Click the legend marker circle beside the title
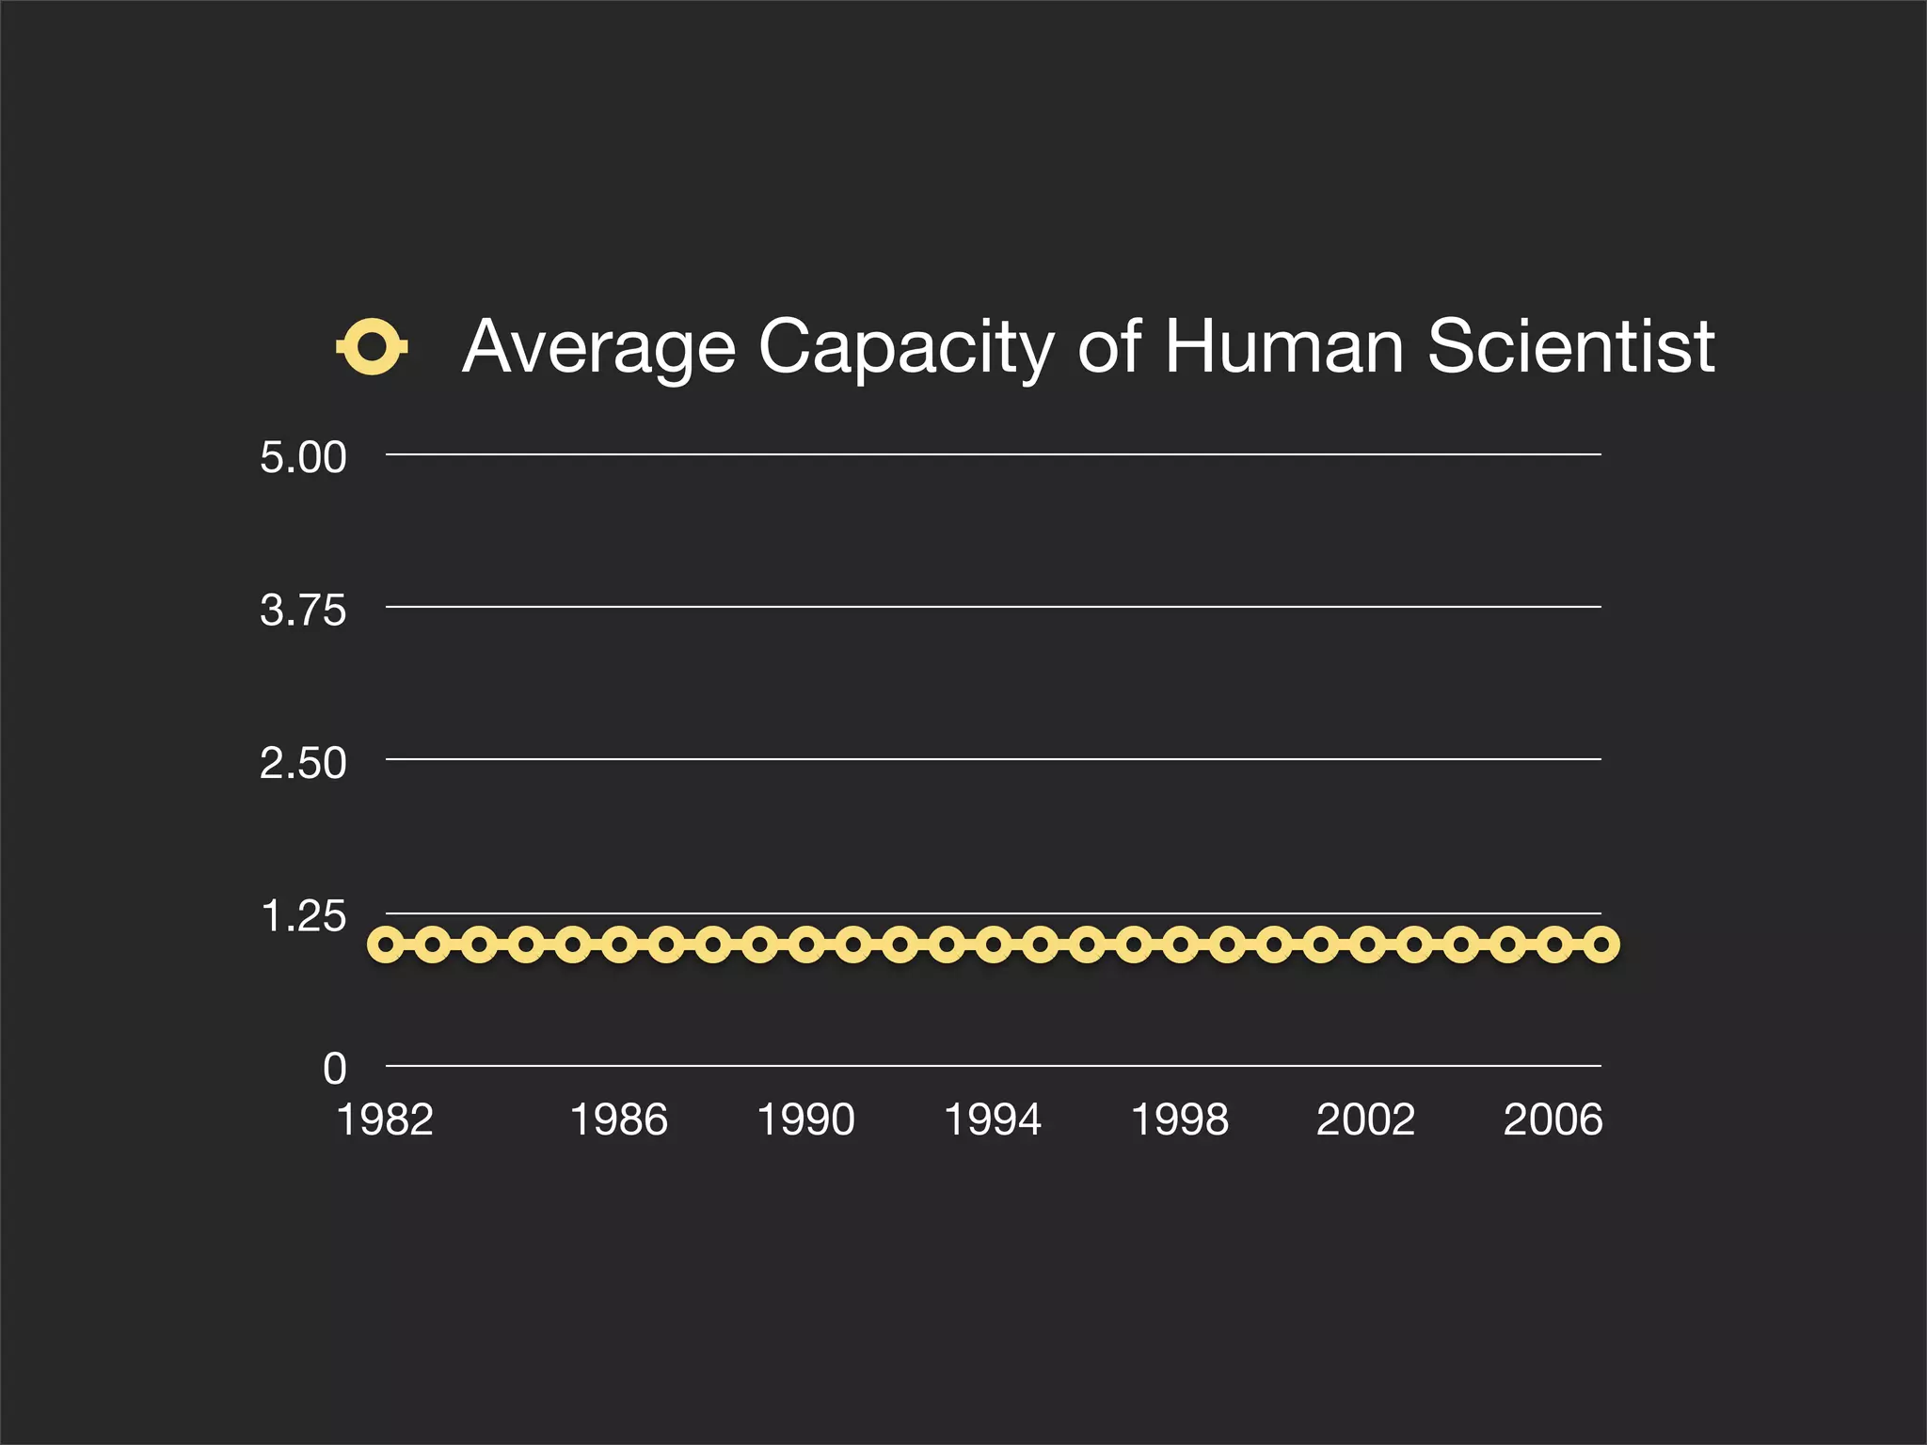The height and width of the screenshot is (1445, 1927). coord(372,347)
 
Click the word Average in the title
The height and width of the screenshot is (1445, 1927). coord(598,347)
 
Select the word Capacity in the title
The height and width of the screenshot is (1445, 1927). coord(906,347)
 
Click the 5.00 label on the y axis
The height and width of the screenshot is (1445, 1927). coord(303,457)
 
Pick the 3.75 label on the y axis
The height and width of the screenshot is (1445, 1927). coord(303,611)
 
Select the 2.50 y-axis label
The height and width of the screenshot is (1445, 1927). coord(303,763)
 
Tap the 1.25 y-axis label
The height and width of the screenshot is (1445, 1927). coord(303,916)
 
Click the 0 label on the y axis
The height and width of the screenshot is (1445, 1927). coord(335,1069)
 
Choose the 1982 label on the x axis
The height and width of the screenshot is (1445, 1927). coord(385,1119)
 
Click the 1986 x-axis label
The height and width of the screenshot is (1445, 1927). coord(618,1119)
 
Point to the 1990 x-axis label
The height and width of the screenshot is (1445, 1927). coord(805,1119)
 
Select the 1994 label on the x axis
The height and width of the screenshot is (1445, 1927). coord(993,1119)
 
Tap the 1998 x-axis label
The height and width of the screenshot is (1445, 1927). coord(1179,1119)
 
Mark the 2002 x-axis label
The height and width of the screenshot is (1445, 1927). coord(1365,1119)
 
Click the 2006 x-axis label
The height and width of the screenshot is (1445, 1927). coord(1553,1119)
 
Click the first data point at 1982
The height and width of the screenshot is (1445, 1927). coord(386,944)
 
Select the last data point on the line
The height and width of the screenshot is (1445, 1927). coord(1601,944)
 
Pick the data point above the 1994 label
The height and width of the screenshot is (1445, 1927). coord(994,944)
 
